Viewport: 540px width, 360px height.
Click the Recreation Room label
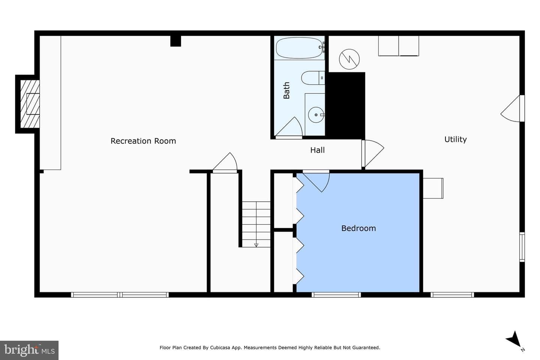point(143,141)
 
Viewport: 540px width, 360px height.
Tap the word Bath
point(286,90)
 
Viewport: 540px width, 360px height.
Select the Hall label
point(317,150)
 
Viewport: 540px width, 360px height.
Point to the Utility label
point(455,139)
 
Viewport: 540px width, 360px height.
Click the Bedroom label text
point(358,228)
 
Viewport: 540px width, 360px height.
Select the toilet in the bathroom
point(313,78)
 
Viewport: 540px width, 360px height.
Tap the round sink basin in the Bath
point(316,115)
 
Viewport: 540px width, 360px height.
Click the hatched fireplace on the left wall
point(30,104)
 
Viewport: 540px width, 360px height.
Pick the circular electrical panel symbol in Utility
point(349,59)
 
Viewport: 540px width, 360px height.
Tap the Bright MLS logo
point(29,350)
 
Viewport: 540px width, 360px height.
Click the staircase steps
point(256,224)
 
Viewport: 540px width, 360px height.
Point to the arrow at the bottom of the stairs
point(256,245)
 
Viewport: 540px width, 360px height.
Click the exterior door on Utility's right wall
point(513,108)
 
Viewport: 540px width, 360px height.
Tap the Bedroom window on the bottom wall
point(336,295)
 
